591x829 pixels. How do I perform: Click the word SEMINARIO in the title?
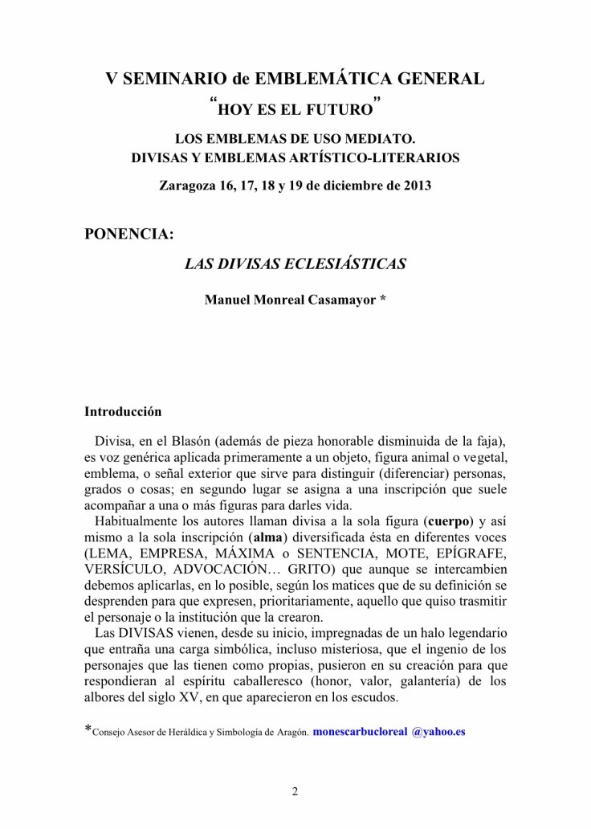pyautogui.click(x=169, y=80)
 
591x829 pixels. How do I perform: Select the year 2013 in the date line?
pyautogui.click(x=415, y=186)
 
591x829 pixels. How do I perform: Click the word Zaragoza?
pyautogui.click(x=187, y=186)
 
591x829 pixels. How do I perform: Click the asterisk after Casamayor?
pyautogui.click(x=383, y=300)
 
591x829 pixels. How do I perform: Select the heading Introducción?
pyautogui.click(x=123, y=412)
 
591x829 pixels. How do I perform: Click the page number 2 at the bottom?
pyautogui.click(x=295, y=792)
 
